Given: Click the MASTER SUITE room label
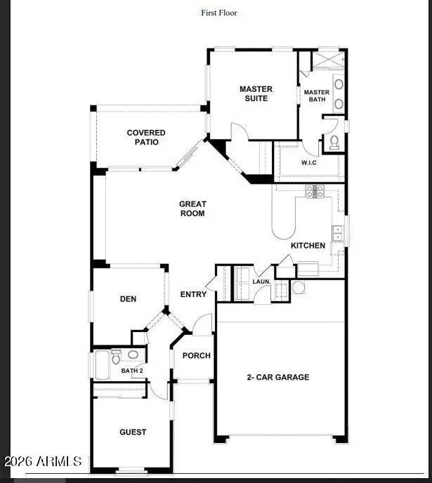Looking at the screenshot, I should [256, 94].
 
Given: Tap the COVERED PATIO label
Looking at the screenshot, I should [146, 137].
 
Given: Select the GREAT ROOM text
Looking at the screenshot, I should [192, 209].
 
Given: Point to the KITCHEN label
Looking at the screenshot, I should [308, 246].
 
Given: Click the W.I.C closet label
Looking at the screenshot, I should [309, 164].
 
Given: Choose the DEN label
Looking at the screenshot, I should [128, 299].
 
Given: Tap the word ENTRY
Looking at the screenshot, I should [193, 294].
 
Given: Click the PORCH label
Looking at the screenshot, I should [197, 356].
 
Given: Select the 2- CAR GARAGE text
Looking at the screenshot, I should [277, 378].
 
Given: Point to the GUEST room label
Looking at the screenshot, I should [133, 432].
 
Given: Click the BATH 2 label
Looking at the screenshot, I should [131, 371].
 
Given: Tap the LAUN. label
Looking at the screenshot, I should [261, 282].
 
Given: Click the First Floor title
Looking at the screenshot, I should [219, 13].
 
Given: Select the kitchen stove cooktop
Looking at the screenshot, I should [314, 190].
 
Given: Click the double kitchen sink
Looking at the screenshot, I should [338, 234].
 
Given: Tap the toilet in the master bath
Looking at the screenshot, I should [334, 142].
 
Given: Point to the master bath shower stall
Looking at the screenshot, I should [327, 59].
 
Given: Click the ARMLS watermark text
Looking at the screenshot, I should [43, 461].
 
